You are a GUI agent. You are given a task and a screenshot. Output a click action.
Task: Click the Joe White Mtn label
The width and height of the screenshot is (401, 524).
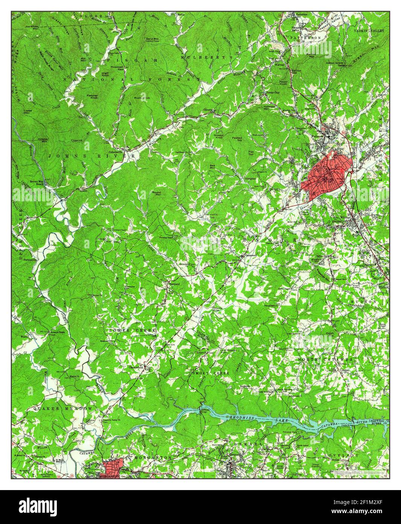click(x=32, y=28)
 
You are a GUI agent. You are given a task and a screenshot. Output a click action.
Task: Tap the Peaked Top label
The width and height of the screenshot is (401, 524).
click(x=237, y=139)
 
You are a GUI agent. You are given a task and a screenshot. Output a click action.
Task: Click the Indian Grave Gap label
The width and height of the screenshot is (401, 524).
click(x=335, y=64)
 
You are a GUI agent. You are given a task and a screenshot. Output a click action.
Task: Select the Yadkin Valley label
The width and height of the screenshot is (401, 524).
click(x=369, y=31)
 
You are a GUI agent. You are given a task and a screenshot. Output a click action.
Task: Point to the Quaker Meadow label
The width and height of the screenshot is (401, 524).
click(x=63, y=408)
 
